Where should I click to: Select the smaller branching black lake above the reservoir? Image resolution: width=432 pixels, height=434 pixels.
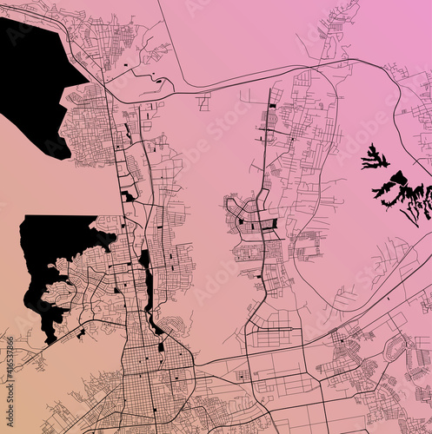pyautogui.click(x=375, y=159)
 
